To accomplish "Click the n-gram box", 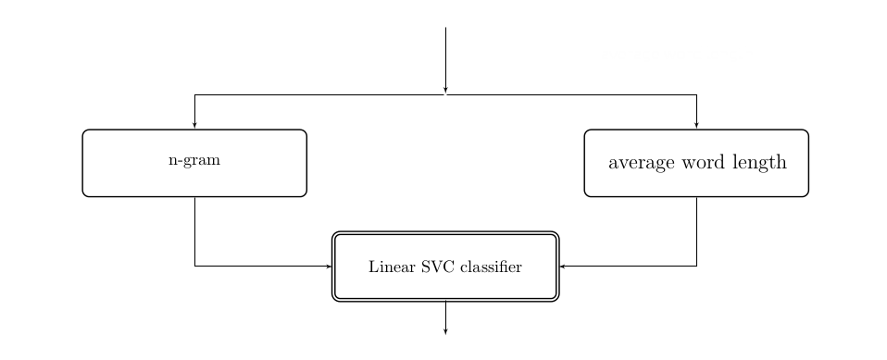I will [x=194, y=163].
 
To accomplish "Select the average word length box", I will [x=696, y=163].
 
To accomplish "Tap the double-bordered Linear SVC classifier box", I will [x=445, y=267].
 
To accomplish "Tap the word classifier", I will [x=491, y=267].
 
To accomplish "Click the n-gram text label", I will [x=194, y=161].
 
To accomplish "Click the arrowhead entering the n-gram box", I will [x=194, y=125].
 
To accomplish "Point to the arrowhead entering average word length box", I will [x=696, y=125].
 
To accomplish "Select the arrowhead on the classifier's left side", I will [x=329, y=267].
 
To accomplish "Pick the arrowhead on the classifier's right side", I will [x=563, y=267].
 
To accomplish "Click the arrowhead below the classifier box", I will [x=445, y=329].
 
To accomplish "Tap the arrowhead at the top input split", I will [x=445, y=91].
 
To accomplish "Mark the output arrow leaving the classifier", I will [x=445, y=317].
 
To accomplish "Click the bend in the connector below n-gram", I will [x=194, y=267].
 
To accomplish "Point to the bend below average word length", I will [x=696, y=267].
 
